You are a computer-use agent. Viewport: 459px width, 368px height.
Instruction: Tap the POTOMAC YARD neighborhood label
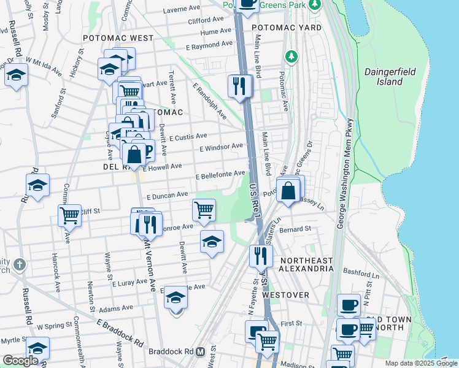pyautogui.click(x=281, y=28)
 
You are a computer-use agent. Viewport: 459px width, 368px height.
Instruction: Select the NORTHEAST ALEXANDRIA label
pyautogui.click(x=306, y=265)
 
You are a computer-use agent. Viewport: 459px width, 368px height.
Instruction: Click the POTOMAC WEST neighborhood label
pyautogui.click(x=118, y=38)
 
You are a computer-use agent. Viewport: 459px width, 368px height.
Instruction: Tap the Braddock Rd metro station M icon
pyautogui.click(x=199, y=352)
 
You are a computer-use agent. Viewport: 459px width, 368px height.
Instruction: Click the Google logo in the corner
pyautogui.click(x=20, y=361)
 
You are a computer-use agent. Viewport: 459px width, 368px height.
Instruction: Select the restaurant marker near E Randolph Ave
pyautogui.click(x=239, y=85)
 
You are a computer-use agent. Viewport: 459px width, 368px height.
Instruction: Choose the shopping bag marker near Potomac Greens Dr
pyautogui.click(x=288, y=190)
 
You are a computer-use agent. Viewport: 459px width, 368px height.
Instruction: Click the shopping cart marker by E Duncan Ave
pyautogui.click(x=204, y=209)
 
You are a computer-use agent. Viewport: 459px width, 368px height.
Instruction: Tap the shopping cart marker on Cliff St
pyautogui.click(x=69, y=215)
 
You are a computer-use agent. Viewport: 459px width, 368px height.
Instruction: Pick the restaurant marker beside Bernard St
pyautogui.click(x=261, y=255)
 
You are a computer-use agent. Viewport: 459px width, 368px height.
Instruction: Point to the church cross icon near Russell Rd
pyautogui.click(x=20, y=265)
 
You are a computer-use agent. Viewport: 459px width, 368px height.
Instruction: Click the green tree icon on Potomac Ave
pyautogui.click(x=290, y=56)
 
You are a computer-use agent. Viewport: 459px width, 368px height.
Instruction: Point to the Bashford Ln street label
pyautogui.click(x=358, y=272)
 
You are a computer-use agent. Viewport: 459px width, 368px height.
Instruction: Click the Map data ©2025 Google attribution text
pyautogui.click(x=421, y=363)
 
